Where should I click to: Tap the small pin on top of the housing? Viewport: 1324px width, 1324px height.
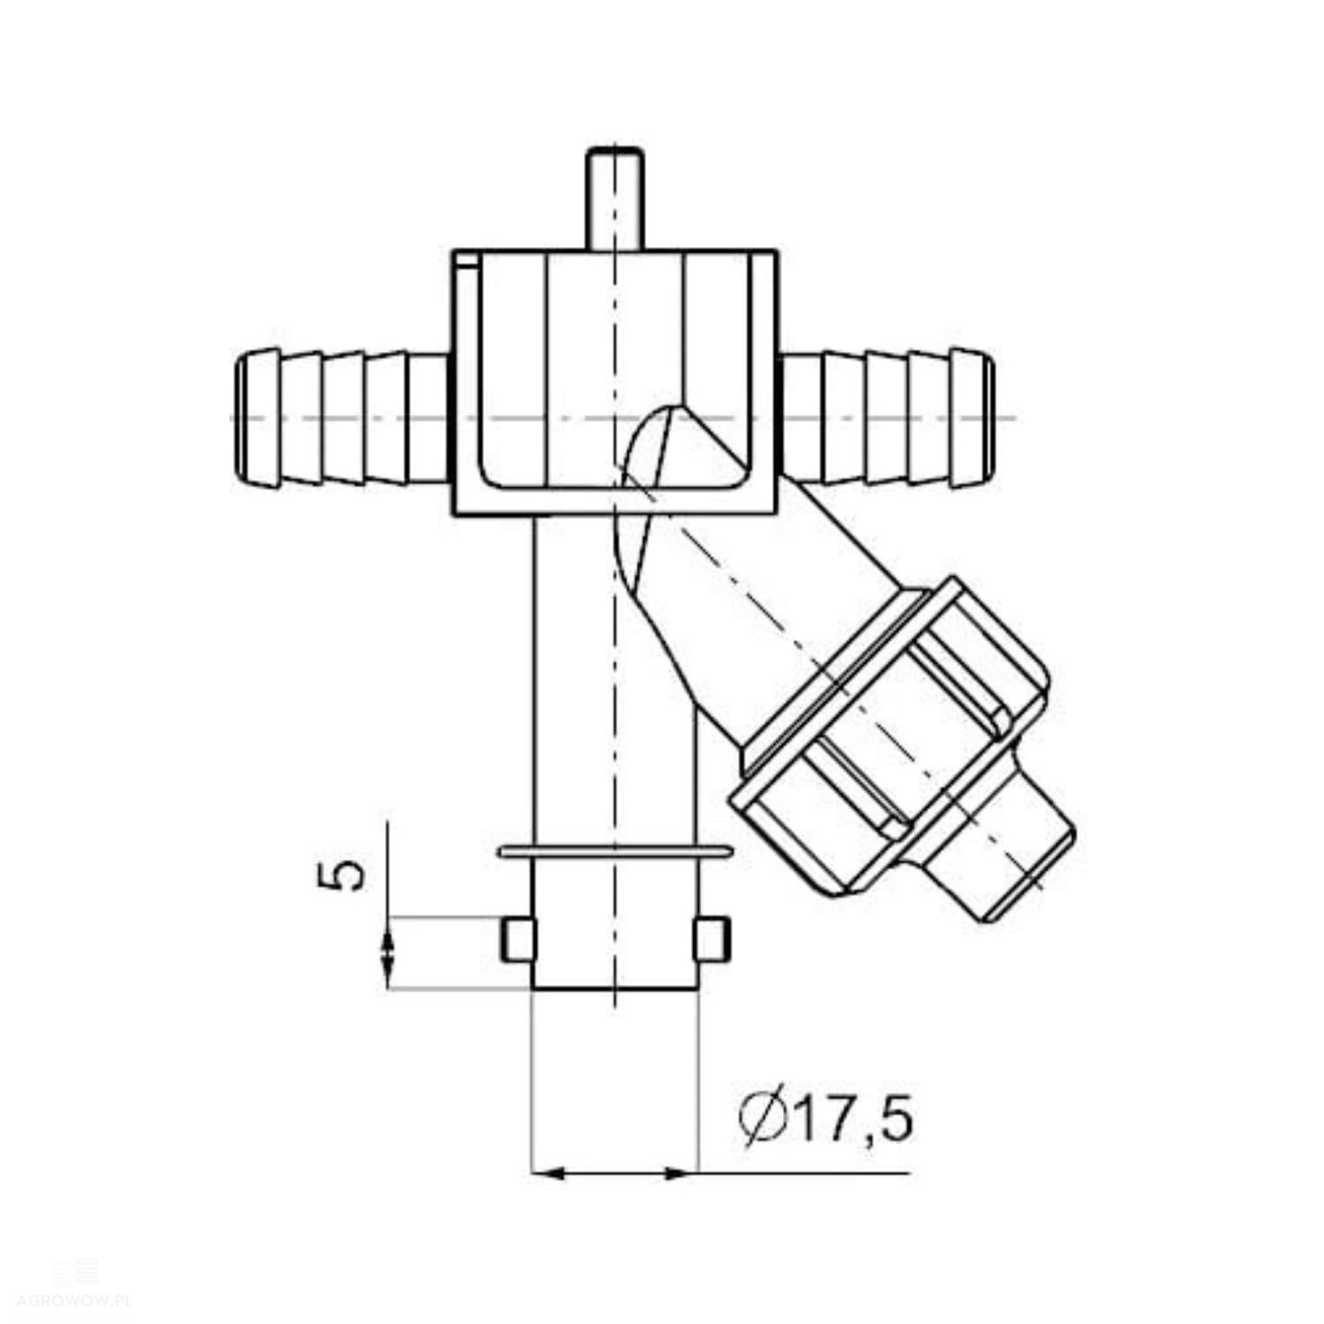pyautogui.click(x=615, y=199)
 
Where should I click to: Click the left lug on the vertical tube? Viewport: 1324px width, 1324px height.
pyautogui.click(x=518, y=940)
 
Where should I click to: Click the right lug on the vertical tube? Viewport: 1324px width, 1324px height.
pyautogui.click(x=711, y=939)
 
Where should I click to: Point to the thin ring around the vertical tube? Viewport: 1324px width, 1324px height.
pyautogui.click(x=615, y=852)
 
